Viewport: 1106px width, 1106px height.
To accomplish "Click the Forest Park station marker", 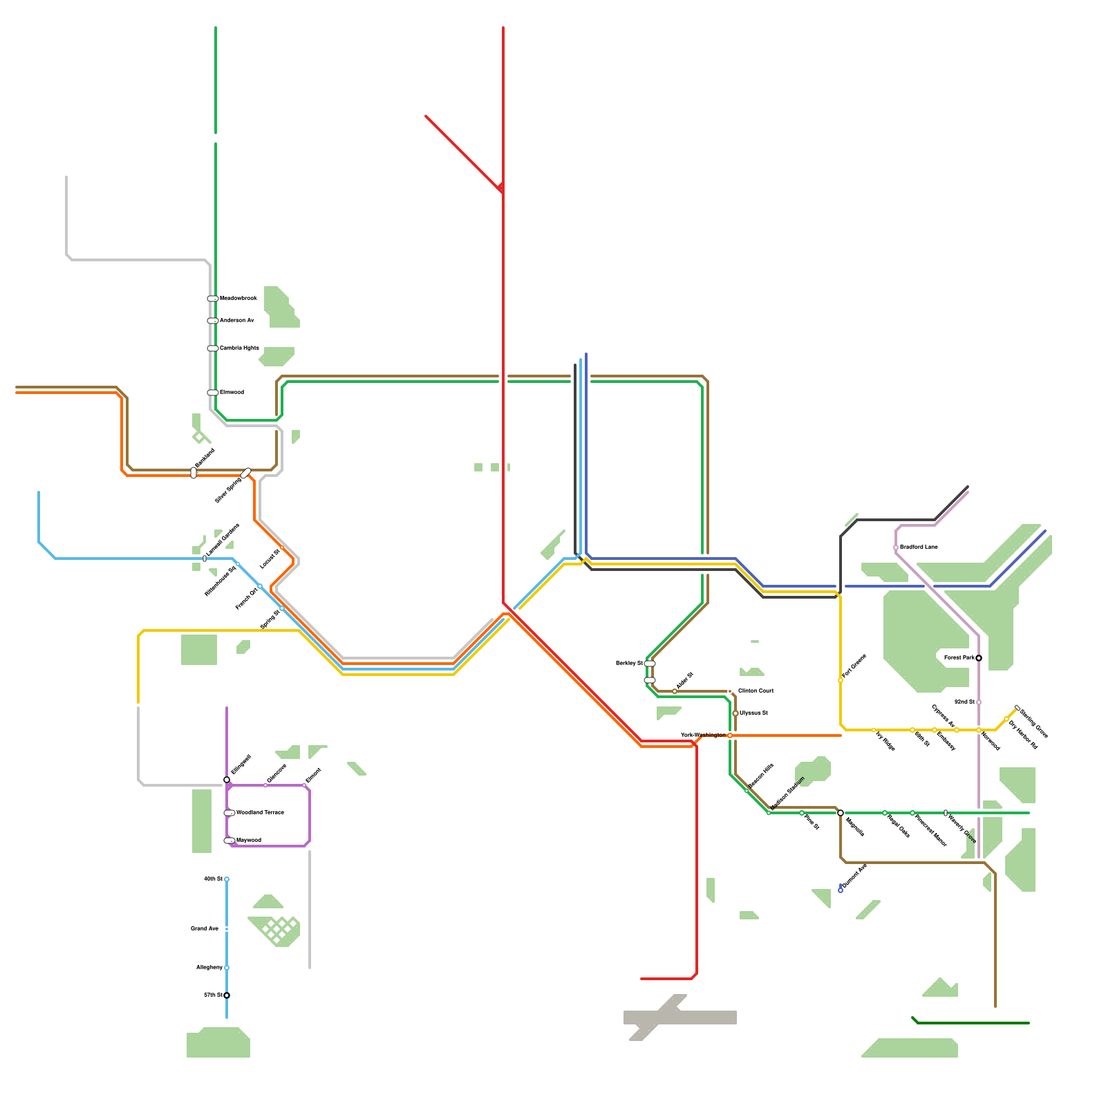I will click(979, 657).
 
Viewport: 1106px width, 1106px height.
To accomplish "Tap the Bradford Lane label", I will click(919, 547).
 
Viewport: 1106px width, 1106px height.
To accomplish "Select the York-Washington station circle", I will click(730, 735).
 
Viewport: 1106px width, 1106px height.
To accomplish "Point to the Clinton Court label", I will click(756, 691).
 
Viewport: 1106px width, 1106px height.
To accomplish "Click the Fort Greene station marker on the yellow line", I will click(841, 680).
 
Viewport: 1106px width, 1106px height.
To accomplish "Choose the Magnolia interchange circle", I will click(841, 813).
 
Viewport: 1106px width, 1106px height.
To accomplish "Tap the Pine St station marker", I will click(802, 813).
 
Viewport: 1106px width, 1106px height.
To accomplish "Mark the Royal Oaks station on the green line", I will click(885, 813).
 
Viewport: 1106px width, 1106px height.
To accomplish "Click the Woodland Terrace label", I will click(260, 812).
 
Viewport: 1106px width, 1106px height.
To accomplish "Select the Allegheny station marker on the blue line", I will click(227, 968).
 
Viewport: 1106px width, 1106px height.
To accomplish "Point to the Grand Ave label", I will click(205, 928).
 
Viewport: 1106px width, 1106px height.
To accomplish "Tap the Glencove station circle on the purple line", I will click(265, 785).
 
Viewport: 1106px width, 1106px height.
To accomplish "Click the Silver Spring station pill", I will click(246, 474).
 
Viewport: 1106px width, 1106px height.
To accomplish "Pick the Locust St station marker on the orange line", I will click(282, 547).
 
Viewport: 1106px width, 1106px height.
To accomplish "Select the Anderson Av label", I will click(237, 320).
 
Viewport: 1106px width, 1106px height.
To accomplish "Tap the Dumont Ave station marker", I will click(841, 890).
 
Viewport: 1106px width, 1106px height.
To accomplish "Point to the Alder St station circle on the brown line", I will click(675, 691).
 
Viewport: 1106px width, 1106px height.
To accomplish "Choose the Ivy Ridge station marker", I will click(874, 730).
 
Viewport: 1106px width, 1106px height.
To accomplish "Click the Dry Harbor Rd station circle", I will click(1006, 719).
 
